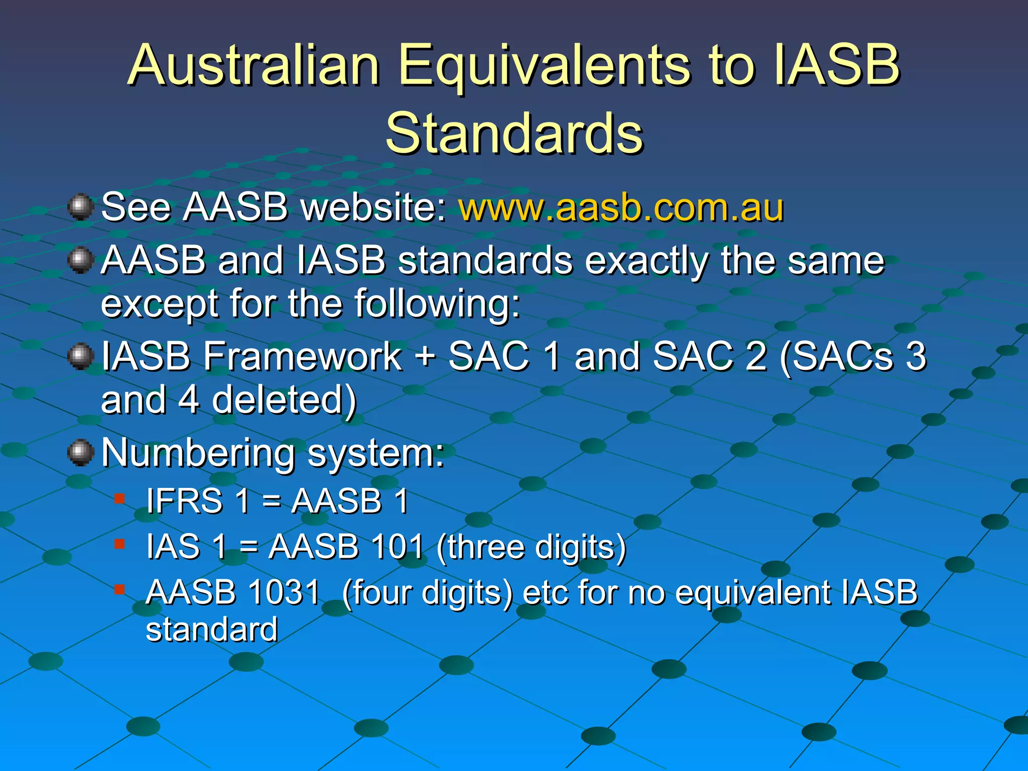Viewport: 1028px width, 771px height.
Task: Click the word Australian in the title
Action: click(x=253, y=65)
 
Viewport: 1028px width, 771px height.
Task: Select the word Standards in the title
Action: click(x=514, y=133)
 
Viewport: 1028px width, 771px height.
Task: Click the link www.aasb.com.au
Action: click(x=621, y=207)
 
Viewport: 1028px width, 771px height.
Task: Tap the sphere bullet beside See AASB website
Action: click(x=80, y=207)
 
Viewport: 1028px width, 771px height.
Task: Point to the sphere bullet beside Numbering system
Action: click(x=80, y=453)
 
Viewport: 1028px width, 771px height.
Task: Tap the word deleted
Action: click(x=284, y=400)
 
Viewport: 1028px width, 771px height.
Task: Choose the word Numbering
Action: click(x=198, y=453)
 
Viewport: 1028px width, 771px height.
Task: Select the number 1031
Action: click(x=284, y=592)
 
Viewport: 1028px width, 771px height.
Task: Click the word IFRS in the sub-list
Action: click(x=184, y=501)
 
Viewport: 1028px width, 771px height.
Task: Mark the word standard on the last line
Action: click(x=211, y=630)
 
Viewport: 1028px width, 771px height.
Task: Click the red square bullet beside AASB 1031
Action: click(x=119, y=589)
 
